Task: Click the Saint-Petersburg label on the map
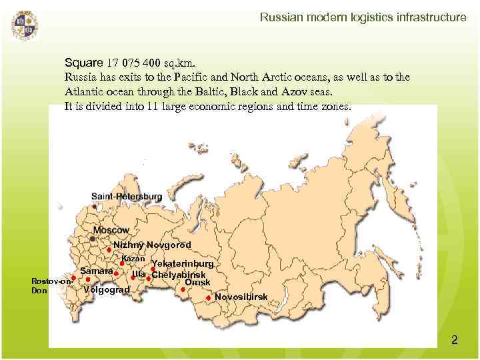[127, 197]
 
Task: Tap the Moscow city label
[111, 230]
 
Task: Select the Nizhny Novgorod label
[152, 245]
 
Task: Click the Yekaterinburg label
[183, 264]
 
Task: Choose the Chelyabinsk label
[179, 275]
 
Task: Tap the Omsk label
[197, 283]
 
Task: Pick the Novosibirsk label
[241, 296]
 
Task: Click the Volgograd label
[107, 289]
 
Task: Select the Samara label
[96, 271]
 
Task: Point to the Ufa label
[139, 274]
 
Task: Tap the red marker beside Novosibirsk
[209, 297]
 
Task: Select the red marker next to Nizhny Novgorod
[109, 251]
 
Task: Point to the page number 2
[455, 341]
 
